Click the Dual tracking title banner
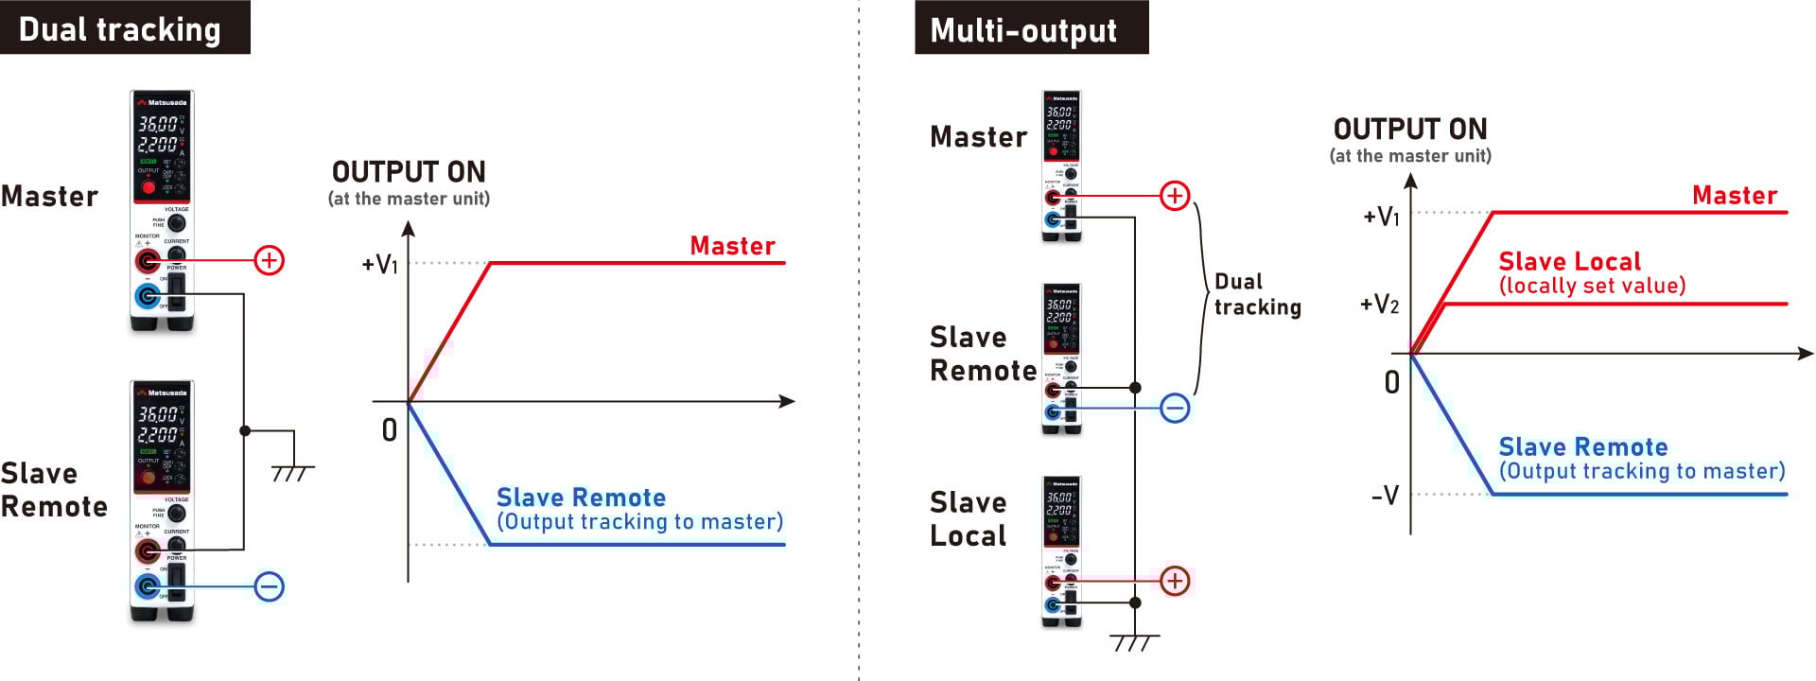[x=124, y=27]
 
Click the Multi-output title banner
[x=1031, y=28]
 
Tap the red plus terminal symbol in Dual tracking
[x=270, y=260]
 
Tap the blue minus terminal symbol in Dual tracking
[x=270, y=586]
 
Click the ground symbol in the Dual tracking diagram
[x=293, y=470]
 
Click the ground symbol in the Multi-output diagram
[x=1134, y=642]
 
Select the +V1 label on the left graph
[x=380, y=264]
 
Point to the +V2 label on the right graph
[x=1379, y=305]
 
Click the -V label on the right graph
[x=1385, y=495]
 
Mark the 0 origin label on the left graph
[x=389, y=430]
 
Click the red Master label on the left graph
[x=732, y=246]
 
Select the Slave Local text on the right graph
[x=1569, y=262]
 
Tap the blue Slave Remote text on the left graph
[x=581, y=498]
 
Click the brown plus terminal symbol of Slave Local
[x=1175, y=580]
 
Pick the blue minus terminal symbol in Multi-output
[x=1175, y=409]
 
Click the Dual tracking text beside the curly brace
[x=1257, y=294]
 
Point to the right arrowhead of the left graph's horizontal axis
[x=787, y=402]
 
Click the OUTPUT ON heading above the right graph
[x=1409, y=129]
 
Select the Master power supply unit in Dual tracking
[x=162, y=210]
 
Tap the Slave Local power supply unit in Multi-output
[x=1061, y=551]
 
